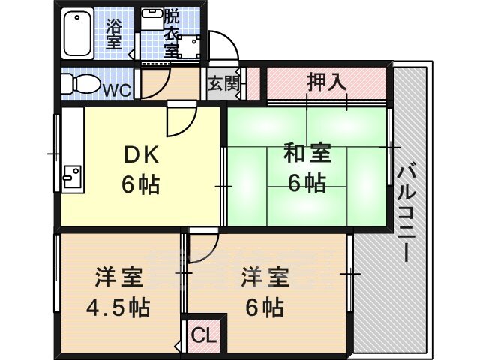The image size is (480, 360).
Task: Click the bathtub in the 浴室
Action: (x=77, y=33)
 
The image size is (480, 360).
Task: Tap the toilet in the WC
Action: (x=81, y=83)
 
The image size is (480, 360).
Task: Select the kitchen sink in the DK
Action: (x=72, y=177)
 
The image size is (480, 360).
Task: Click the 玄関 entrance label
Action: (x=223, y=83)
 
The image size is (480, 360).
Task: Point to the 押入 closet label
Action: (x=326, y=82)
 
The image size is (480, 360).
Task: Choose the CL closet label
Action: (x=204, y=336)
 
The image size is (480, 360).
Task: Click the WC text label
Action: (x=118, y=90)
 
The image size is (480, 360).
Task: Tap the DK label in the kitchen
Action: (x=141, y=155)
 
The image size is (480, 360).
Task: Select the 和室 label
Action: (x=307, y=153)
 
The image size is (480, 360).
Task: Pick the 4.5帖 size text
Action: (x=118, y=307)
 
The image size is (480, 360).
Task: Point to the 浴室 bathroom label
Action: (x=114, y=34)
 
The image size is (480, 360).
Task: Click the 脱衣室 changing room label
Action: (x=172, y=34)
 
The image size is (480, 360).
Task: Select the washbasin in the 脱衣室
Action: (x=153, y=19)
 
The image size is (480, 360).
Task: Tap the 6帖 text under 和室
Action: (x=307, y=183)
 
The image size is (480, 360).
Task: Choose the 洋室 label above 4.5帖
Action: (x=118, y=277)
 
